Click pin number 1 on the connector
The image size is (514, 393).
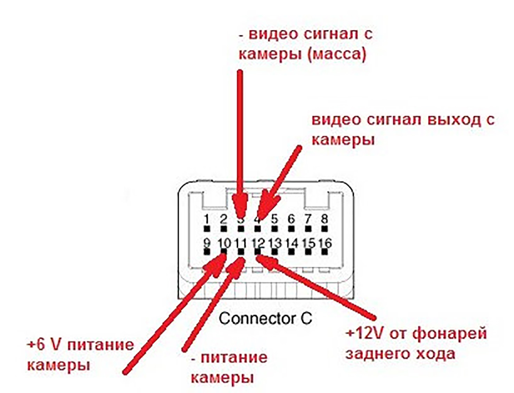(207, 219)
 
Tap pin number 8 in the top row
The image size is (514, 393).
(324, 219)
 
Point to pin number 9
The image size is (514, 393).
(207, 243)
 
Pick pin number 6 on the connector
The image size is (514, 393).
(291, 219)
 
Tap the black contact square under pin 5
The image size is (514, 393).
(274, 228)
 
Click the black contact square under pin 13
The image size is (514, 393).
(274, 252)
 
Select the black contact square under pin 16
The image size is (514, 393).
(324, 252)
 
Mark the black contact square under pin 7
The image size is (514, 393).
(308, 228)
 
